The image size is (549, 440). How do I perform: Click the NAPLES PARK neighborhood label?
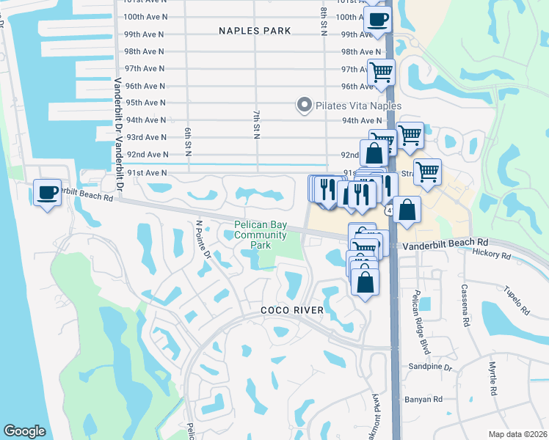click(255, 31)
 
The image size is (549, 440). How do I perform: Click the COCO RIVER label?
click(292, 311)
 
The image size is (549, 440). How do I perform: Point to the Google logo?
click(24, 431)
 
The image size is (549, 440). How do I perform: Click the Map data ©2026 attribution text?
click(517, 434)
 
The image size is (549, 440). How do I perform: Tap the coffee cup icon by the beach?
click(48, 194)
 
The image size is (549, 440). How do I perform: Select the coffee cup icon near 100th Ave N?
click(377, 19)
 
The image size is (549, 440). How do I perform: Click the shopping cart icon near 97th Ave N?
click(381, 72)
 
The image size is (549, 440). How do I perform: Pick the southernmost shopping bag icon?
click(365, 282)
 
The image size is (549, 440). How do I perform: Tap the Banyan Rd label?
click(423, 400)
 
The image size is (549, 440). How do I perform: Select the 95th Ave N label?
click(146, 103)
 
